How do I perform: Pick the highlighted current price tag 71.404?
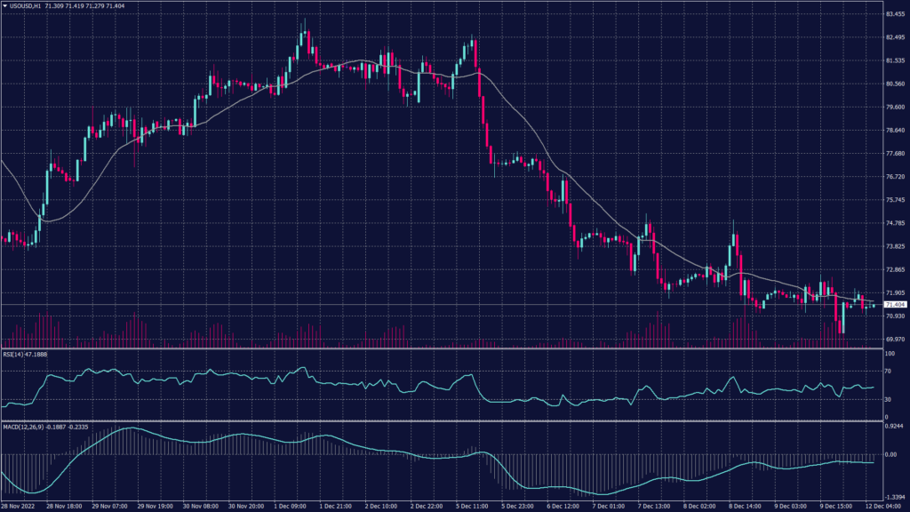pos(895,305)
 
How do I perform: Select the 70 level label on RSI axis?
pos(889,372)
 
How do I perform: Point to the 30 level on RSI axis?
pos(889,400)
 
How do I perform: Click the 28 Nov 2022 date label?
pos(20,506)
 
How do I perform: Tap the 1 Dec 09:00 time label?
pos(289,506)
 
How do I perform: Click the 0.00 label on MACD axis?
pos(890,454)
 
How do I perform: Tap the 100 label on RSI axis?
pos(890,355)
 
